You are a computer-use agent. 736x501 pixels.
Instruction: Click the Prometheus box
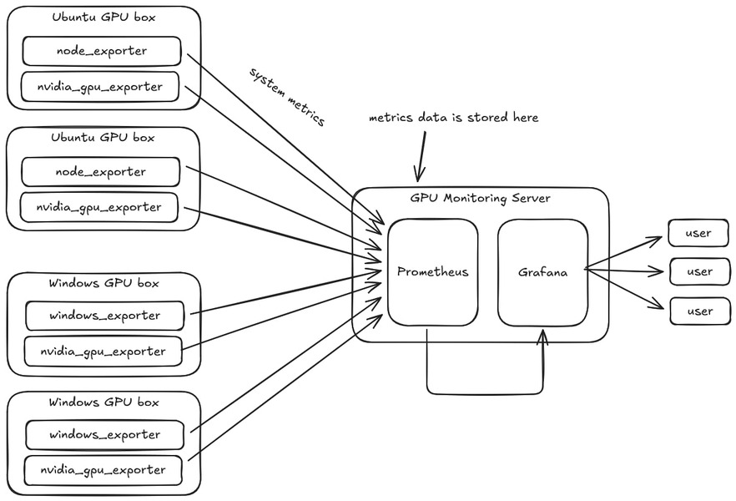point(432,272)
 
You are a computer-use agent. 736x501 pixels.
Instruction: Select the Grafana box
point(542,272)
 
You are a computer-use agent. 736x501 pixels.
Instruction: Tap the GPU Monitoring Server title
point(480,199)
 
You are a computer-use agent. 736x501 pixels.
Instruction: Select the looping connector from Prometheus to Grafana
point(484,393)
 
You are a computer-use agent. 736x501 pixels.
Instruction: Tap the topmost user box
point(698,233)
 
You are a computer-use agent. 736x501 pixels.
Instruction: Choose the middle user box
point(698,271)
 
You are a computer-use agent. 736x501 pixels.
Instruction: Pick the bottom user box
point(698,311)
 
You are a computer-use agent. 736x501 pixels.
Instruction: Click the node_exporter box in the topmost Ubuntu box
point(101,51)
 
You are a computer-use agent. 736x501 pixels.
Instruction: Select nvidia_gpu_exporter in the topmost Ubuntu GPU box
point(100,86)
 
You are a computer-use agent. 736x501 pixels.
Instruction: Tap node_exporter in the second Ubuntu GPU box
point(100,172)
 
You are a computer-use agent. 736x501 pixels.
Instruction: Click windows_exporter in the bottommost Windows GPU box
point(104,435)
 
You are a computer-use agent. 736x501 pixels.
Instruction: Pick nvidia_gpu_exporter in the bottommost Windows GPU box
point(103,470)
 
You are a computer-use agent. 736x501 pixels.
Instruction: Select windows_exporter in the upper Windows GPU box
point(104,316)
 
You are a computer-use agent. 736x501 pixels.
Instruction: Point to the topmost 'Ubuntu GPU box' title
point(103,17)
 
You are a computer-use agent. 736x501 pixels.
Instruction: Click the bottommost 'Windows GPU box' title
point(103,402)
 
